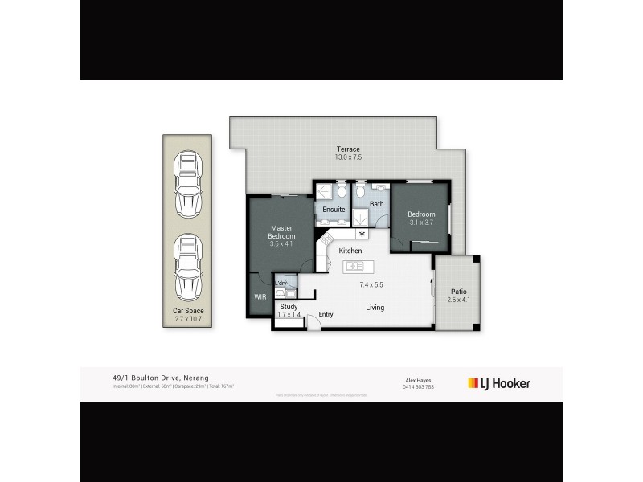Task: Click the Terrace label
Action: click(348, 149)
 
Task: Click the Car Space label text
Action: click(189, 311)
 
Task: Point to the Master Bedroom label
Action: click(282, 231)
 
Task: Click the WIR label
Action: click(260, 297)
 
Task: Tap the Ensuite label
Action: click(334, 210)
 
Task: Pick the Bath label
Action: click(376, 204)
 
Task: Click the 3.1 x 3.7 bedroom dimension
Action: click(421, 223)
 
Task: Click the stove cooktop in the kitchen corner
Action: click(327, 240)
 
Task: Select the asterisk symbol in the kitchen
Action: click(362, 234)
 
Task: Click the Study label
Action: click(289, 306)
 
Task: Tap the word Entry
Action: click(326, 314)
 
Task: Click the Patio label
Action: click(458, 292)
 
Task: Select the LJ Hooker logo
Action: click(498, 383)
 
